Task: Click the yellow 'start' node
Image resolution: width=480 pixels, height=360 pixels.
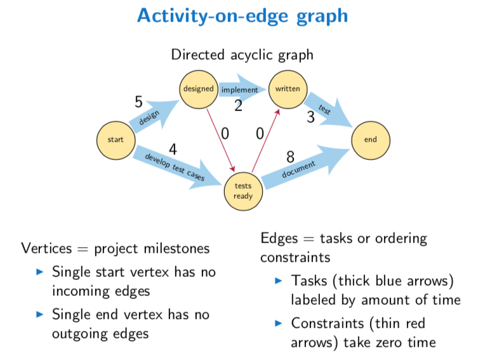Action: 116,140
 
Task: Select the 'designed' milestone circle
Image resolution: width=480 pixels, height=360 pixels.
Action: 199,89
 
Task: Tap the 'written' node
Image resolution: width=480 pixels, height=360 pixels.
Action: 287,89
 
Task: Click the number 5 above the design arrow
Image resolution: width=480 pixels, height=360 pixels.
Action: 138,102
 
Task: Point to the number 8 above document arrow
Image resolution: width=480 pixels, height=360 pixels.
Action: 290,157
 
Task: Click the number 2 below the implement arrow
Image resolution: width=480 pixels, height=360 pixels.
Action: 238,106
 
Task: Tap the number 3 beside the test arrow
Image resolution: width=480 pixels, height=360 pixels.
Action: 310,117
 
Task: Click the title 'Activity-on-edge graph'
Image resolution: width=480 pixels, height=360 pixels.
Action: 243,16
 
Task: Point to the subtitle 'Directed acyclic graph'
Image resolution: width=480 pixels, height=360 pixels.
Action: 242,55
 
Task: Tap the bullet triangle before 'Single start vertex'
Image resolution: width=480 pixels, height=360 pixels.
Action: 39,272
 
